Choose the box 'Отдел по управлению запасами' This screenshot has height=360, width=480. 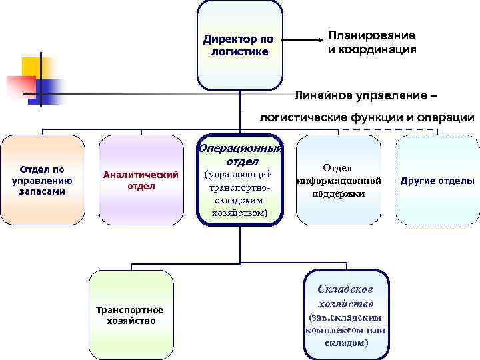[43, 180]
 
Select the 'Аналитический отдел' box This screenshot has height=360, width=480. [141, 180]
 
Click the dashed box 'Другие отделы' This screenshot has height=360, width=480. [437, 181]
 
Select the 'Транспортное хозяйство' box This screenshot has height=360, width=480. [131, 315]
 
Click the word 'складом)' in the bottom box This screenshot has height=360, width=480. [346, 343]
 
